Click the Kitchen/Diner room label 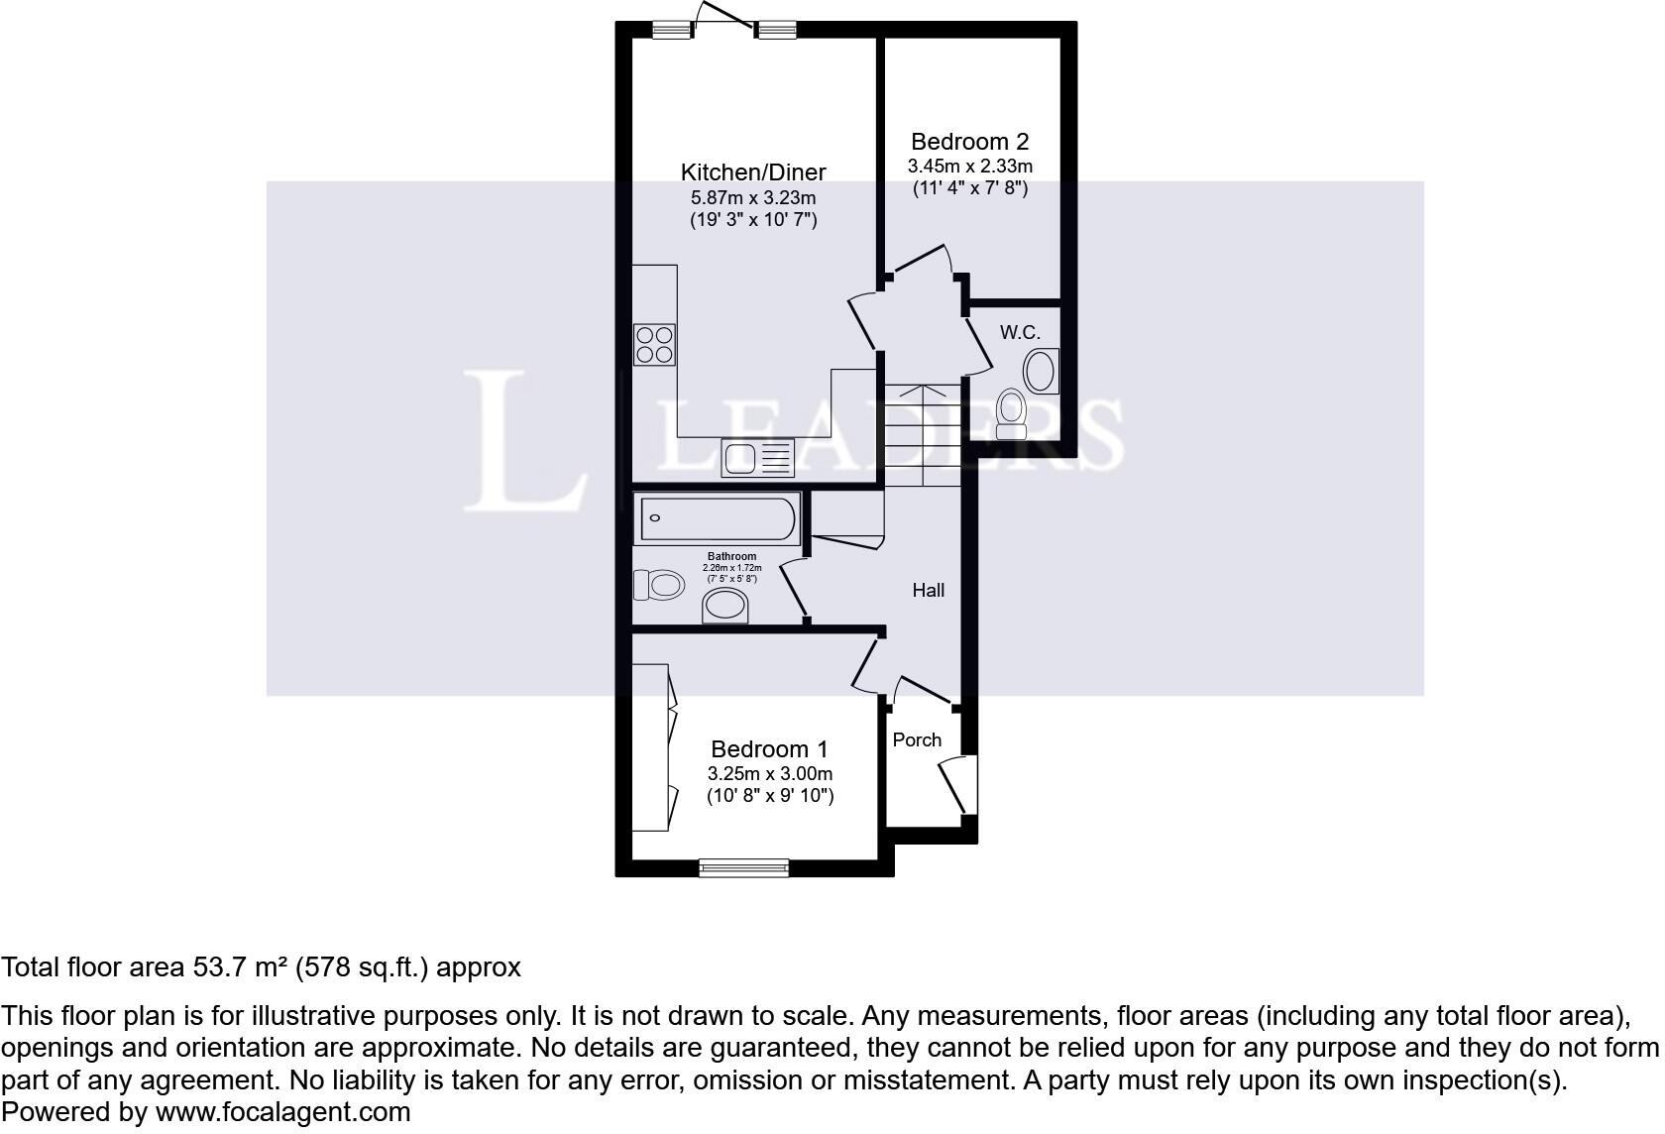(x=753, y=172)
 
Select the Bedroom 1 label (x=769, y=749)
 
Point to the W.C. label (x=1020, y=333)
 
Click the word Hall (x=928, y=591)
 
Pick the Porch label (x=917, y=740)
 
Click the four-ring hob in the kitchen (x=655, y=344)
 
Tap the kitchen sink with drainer (x=758, y=458)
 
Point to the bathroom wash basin (x=725, y=605)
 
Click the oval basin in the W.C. (x=1041, y=372)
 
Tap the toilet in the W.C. (x=1011, y=411)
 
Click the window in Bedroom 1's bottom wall (x=744, y=868)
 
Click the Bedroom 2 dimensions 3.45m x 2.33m (x=969, y=166)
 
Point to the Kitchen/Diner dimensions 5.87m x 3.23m (x=753, y=198)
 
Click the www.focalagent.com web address (x=282, y=1112)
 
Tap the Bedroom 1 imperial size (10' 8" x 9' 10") (x=770, y=796)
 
